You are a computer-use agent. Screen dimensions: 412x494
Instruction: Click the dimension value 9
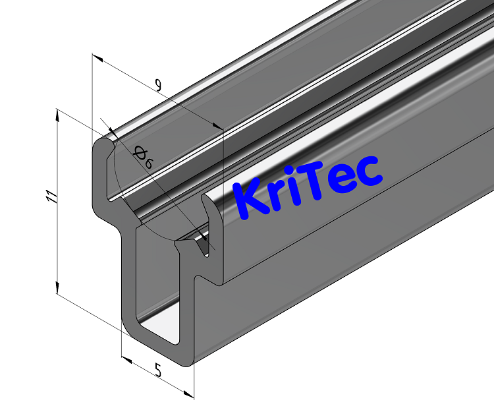pyautogui.click(x=157, y=84)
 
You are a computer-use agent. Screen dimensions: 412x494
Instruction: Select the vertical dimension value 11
pyautogui.click(x=52, y=196)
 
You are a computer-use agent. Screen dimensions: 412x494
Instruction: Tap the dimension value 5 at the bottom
pyautogui.click(x=158, y=370)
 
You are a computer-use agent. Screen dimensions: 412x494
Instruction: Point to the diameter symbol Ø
pyautogui.click(x=140, y=153)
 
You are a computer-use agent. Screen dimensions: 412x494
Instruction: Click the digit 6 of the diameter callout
pyautogui.click(x=148, y=163)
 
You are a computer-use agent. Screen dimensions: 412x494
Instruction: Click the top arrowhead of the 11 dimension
pyautogui.click(x=58, y=114)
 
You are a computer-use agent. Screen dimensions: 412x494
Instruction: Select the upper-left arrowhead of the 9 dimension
pyautogui.click(x=99, y=59)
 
